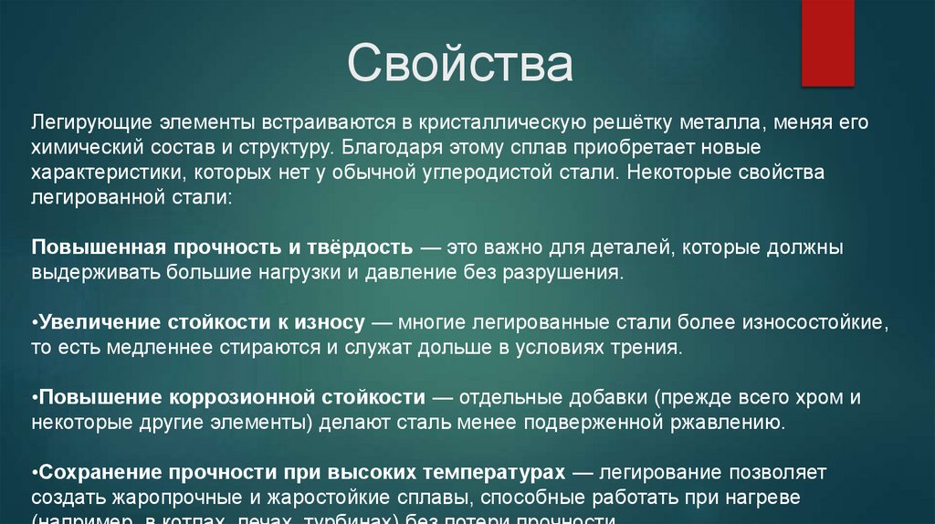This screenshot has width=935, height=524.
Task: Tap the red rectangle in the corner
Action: tap(827, 42)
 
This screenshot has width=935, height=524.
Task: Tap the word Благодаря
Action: tap(384, 147)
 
